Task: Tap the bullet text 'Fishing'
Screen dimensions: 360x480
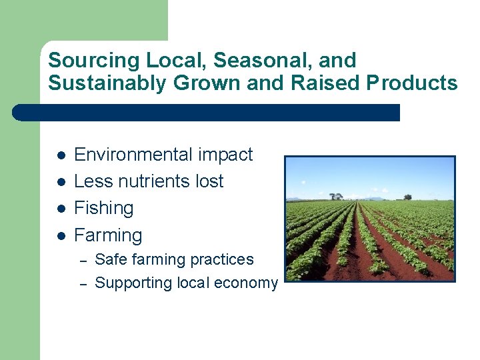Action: pos(103,208)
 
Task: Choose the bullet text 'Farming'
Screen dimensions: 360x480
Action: pos(108,235)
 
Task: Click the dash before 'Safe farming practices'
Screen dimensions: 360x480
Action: pos(83,260)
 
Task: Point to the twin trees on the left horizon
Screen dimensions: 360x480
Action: pos(336,196)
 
